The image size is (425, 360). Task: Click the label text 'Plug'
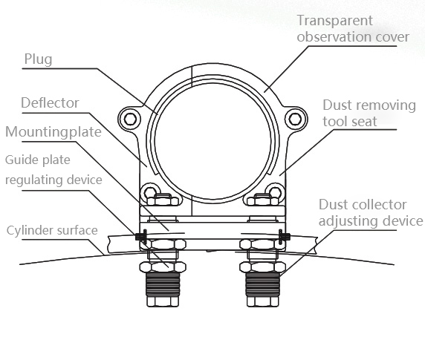pos(38,59)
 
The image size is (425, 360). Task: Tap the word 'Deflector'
pos(50,103)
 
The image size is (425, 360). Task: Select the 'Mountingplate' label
pos(53,132)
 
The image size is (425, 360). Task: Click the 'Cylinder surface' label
pos(52,230)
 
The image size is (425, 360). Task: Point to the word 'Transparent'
pos(335,21)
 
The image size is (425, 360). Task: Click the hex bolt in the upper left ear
pos(130,119)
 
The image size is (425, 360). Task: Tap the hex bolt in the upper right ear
pos(295,119)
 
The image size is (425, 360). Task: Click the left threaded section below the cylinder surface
pos(163,284)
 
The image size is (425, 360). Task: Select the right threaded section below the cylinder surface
pos(262,284)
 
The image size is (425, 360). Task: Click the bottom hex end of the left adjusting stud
pos(163,301)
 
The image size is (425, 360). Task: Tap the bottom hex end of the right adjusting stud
pos(262,301)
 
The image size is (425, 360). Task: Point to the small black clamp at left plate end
pos(141,236)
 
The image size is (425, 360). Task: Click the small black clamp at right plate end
pos(284,236)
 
